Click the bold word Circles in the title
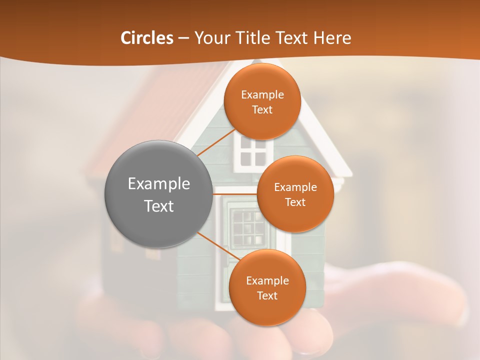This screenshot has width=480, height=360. click(147, 38)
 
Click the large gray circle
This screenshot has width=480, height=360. click(159, 194)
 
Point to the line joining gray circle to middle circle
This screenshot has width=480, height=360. click(235, 194)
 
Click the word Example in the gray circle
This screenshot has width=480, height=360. click(159, 184)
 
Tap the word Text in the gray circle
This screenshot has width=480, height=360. click(159, 206)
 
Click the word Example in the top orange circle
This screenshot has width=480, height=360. click(262, 95)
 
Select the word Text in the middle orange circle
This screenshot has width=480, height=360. click(295, 202)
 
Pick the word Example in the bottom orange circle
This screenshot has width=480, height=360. click(267, 280)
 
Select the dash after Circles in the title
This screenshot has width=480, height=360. click(183, 38)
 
